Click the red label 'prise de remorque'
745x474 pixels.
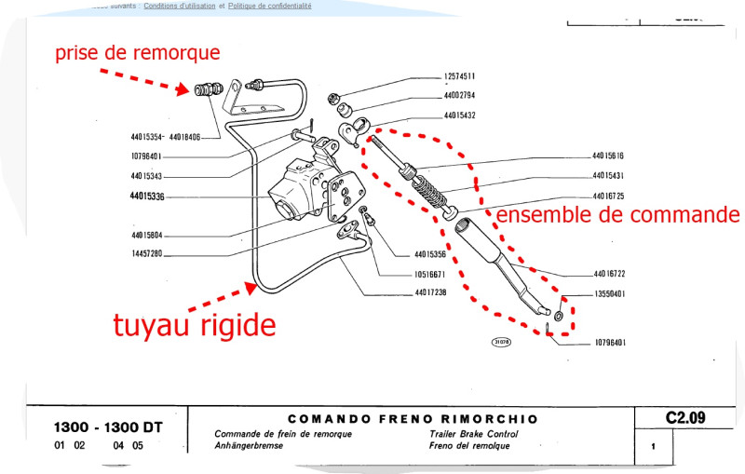[137, 53]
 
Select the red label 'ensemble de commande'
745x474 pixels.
[616, 215]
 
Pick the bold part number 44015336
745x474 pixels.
[147, 196]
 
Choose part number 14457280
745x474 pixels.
[147, 253]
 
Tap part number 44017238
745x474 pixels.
[431, 293]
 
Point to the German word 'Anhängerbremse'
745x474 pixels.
[249, 445]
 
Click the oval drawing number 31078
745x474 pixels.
[501, 343]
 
